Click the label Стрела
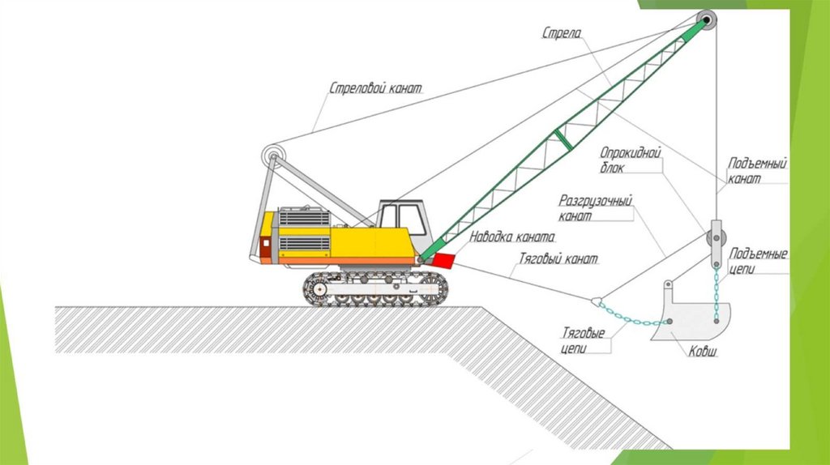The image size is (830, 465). (561, 32)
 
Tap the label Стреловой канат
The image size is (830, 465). (375, 87)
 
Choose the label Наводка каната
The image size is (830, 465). (511, 238)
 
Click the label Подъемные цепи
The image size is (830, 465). (758, 261)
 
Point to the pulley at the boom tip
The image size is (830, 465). (707, 20)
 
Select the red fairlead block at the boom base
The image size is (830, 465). (443, 261)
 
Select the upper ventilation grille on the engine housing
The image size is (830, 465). (304, 218)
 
